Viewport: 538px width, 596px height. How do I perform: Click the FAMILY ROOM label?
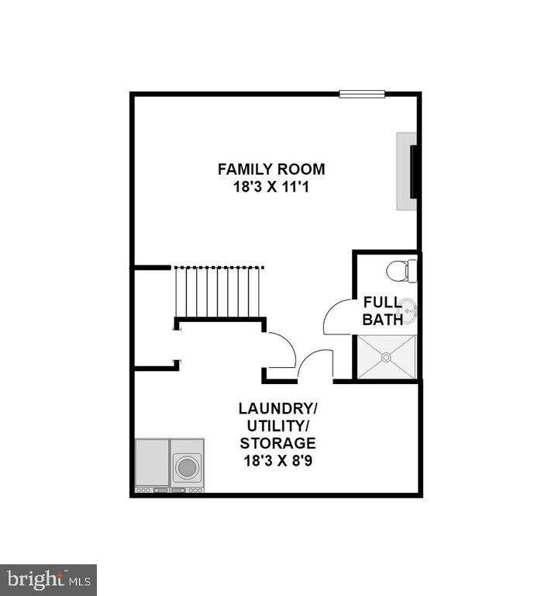[x=271, y=169]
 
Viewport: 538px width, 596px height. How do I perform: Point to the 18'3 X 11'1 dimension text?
[x=271, y=187]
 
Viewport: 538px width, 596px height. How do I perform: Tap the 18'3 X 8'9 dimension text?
[x=278, y=461]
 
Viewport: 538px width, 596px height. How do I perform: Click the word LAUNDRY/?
[x=278, y=409]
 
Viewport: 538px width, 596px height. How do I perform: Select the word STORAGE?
[x=278, y=443]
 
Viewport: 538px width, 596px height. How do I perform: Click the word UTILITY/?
[x=278, y=426]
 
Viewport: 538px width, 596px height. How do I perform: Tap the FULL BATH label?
[x=382, y=311]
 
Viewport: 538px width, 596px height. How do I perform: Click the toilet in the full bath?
[x=402, y=271]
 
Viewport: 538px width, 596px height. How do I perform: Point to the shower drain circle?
[x=386, y=357]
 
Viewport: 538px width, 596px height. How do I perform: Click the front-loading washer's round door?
[x=187, y=467]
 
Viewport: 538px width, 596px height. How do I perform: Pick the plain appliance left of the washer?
[x=152, y=466]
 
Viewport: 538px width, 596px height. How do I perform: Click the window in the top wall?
[x=362, y=94]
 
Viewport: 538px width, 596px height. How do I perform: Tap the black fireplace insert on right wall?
[x=413, y=172]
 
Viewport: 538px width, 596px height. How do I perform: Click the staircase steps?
[x=218, y=292]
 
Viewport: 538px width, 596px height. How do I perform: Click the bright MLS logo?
[x=48, y=580]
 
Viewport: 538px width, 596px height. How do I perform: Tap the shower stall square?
[x=387, y=357]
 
